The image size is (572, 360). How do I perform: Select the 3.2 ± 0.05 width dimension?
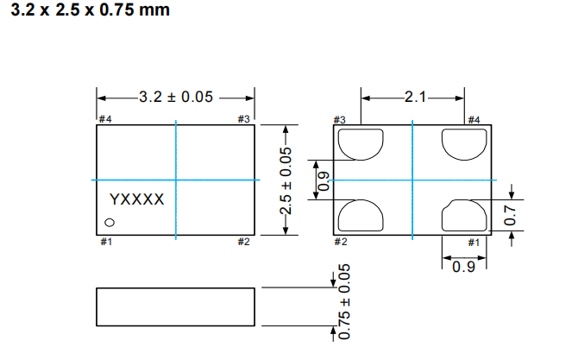click(x=175, y=97)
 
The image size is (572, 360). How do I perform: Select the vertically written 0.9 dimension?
click(x=324, y=180)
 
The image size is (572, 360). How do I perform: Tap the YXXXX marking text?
click(x=136, y=199)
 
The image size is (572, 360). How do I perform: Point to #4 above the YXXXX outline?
click(x=104, y=119)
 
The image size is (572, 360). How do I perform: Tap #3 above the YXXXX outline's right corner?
click(x=244, y=119)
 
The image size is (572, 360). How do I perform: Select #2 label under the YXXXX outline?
click(x=244, y=242)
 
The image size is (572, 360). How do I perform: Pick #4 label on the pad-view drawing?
click(x=474, y=119)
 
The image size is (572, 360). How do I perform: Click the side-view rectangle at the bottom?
click(x=176, y=306)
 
